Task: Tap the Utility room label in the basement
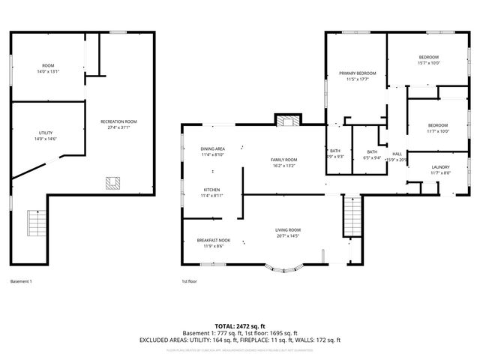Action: pos(46,133)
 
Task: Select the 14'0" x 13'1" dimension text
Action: pos(47,71)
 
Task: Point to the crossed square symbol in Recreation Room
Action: pos(115,182)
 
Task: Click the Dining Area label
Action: pos(213,149)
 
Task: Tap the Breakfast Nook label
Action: pos(214,240)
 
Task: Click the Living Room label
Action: pos(287,229)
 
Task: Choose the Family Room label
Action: pos(284,159)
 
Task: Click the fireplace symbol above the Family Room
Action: pos(286,121)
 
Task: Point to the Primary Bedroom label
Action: pos(357,73)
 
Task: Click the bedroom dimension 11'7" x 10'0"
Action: pos(438,131)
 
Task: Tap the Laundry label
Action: pos(439,167)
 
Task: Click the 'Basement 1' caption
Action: pos(21,281)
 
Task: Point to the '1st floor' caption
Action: pos(189,281)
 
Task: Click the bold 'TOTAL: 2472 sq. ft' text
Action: pos(240,326)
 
